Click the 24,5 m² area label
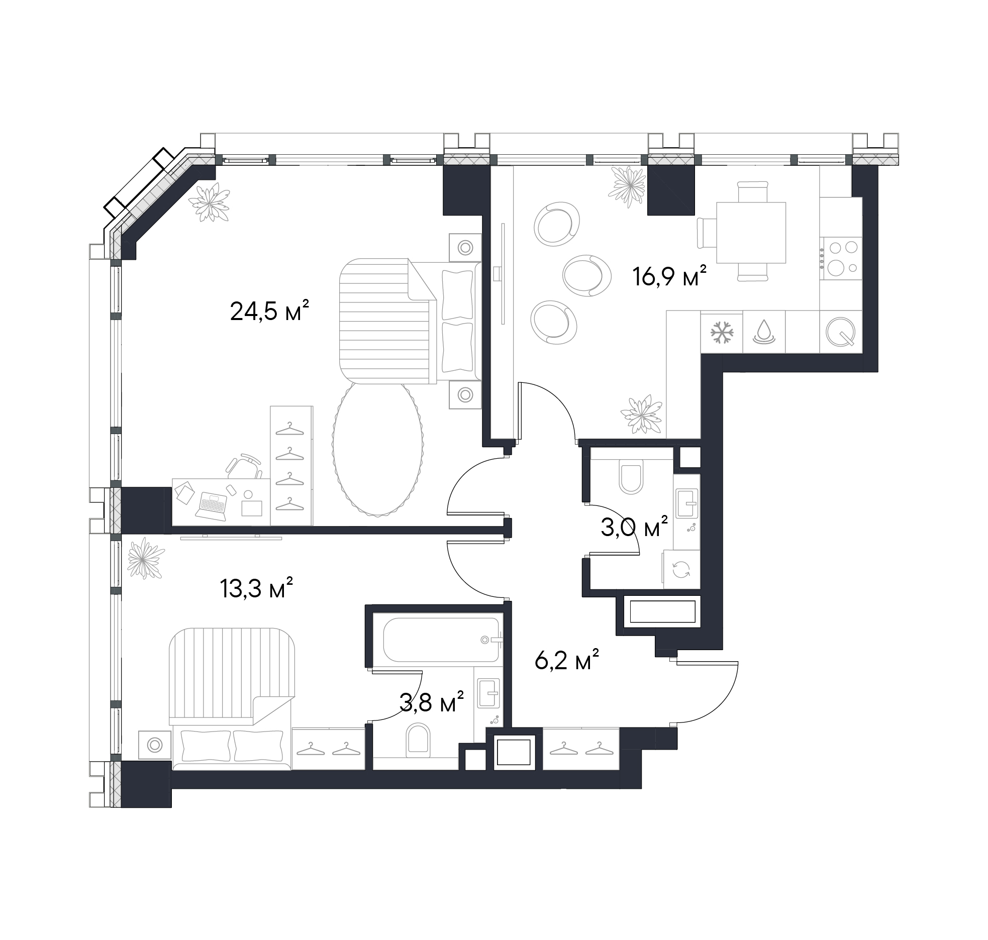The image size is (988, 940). pyautogui.click(x=268, y=311)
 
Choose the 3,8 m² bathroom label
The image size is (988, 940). pyautogui.click(x=431, y=702)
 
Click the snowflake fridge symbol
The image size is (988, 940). pyautogui.click(x=722, y=332)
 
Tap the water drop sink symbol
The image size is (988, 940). pyautogui.click(x=763, y=332)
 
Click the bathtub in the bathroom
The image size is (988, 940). pyautogui.click(x=440, y=640)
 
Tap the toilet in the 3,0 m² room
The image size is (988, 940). pyautogui.click(x=631, y=478)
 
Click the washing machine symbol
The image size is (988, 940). pyautogui.click(x=681, y=570)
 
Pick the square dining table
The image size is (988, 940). pyautogui.click(x=751, y=233)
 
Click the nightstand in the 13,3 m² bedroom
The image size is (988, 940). pyautogui.click(x=155, y=744)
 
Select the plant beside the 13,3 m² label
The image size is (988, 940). pyautogui.click(x=146, y=558)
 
